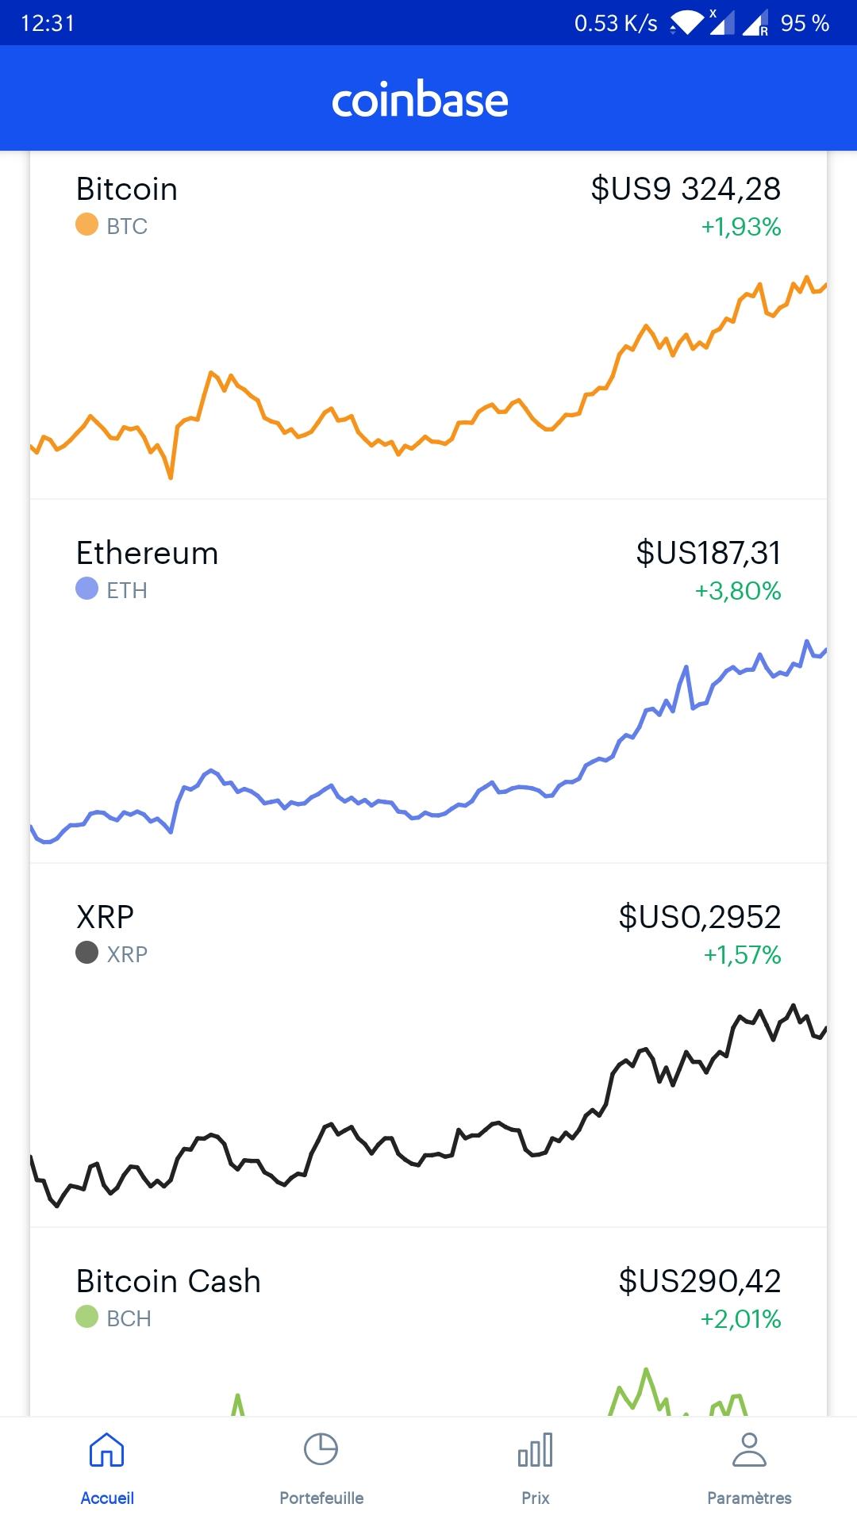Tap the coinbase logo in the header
[x=420, y=100]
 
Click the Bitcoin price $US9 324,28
[x=686, y=189]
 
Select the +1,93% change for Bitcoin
[x=741, y=227]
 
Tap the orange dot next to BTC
[x=86, y=225]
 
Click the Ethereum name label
[x=147, y=553]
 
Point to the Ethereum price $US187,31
[x=708, y=553]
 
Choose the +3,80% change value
[x=738, y=591]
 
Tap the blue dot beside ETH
[x=86, y=589]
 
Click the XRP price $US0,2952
[x=699, y=917]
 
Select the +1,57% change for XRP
[x=742, y=954]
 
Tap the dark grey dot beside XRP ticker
[x=86, y=953]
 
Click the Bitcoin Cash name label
[x=168, y=1281]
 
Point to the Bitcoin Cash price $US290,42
[x=699, y=1281]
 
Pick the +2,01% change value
[x=740, y=1318]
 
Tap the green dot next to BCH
[x=86, y=1317]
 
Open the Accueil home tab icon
[x=107, y=1450]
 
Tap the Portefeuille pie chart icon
[x=321, y=1450]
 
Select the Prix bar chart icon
[x=536, y=1450]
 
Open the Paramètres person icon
[x=749, y=1450]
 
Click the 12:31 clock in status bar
[x=48, y=23]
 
